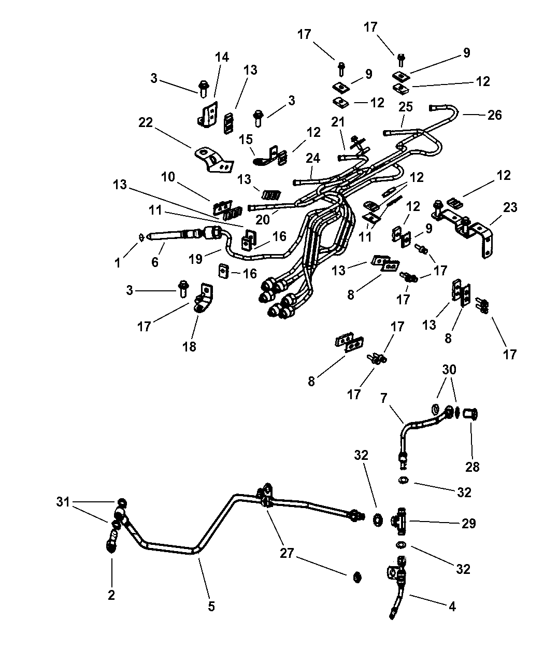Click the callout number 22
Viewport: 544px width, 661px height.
(146, 122)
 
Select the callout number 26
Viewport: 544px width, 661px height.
(495, 115)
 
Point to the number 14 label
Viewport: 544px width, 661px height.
(222, 57)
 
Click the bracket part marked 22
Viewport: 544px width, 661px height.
(213, 159)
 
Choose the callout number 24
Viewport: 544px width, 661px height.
(313, 158)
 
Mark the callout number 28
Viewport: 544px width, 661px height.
(472, 467)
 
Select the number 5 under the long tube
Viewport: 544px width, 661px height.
(211, 607)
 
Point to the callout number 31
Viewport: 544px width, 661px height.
(63, 501)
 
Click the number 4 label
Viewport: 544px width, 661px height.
(452, 607)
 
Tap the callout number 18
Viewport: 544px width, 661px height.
(189, 347)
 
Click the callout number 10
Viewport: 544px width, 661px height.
(168, 177)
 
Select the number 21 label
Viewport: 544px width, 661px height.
(338, 122)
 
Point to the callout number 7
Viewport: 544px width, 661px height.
(384, 398)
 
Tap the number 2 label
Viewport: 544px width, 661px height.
(111, 595)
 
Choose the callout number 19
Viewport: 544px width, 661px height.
(195, 259)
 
